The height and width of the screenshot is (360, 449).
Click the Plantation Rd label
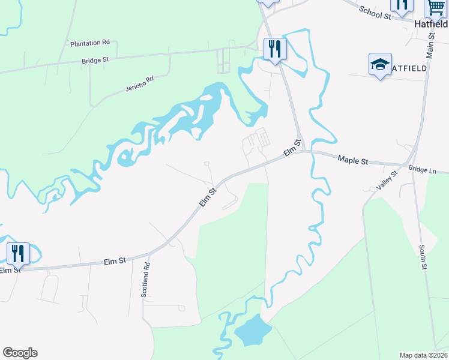click(89, 43)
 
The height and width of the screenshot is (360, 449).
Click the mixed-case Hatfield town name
click(432, 25)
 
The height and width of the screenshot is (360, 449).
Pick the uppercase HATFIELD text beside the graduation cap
click(411, 68)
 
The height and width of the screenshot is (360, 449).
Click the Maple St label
click(352, 160)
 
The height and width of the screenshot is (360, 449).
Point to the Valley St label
click(387, 181)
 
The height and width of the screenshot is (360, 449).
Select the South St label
click(423, 256)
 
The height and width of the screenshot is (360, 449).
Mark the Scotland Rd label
click(145, 280)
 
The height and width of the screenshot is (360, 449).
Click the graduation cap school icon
click(379, 65)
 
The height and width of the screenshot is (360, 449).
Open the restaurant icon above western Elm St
click(18, 253)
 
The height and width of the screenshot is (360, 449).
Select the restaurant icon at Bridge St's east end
click(276, 49)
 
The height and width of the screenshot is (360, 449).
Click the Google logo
click(20, 353)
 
